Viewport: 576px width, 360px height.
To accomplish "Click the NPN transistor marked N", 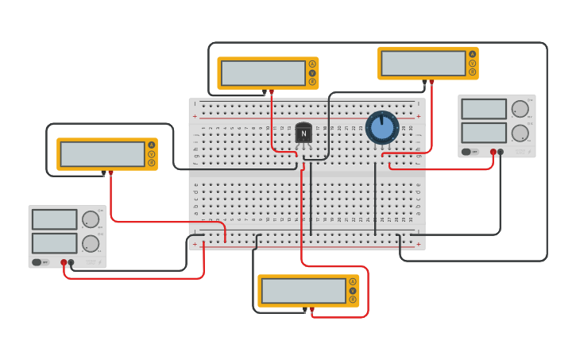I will (303, 134).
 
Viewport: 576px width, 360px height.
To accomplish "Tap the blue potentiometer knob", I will (382, 127).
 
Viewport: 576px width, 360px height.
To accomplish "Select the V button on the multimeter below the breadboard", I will (353, 291).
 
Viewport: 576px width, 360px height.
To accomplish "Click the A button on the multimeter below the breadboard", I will (353, 281).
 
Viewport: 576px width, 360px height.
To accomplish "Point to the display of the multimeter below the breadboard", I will (303, 291).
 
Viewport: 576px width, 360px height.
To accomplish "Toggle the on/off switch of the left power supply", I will (37, 261).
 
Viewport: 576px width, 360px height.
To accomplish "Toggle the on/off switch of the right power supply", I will (467, 151).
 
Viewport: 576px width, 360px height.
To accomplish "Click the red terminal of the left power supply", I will (64, 261).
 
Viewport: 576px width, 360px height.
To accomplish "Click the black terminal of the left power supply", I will (71, 261).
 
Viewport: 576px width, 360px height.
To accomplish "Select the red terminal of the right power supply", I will (493, 152).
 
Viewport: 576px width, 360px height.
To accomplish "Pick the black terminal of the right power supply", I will (501, 152).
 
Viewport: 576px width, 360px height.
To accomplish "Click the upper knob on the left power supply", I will (91, 219).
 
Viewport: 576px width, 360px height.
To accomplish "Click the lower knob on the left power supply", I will (91, 243).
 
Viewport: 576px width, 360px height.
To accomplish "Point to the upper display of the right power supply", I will (484, 109).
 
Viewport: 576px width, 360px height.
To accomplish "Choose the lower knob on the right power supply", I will (520, 133).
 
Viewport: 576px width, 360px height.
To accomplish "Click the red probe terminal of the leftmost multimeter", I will (110, 172).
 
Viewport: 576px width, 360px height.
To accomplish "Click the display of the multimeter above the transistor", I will (263, 73).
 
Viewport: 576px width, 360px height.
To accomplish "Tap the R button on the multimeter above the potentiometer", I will (473, 72).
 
